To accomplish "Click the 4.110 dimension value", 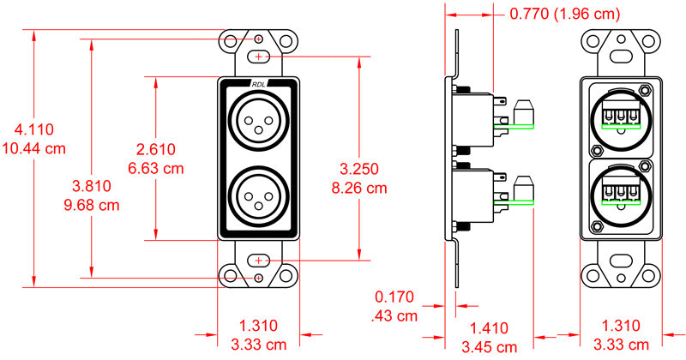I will tap(34, 130).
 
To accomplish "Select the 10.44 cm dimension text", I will tap(34, 147).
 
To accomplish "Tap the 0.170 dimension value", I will tap(394, 298).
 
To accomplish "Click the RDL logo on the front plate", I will tap(259, 84).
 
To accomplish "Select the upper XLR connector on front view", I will tap(259, 119).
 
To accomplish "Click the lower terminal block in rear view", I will tap(623, 195).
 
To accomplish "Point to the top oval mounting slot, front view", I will tap(259, 57).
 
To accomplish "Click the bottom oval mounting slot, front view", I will tap(259, 260).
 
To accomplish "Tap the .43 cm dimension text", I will tap(394, 315).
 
